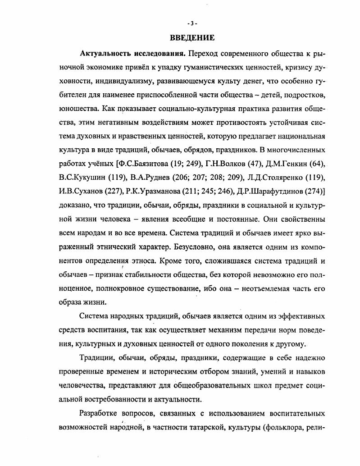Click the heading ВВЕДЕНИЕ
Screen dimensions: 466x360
tap(192, 38)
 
